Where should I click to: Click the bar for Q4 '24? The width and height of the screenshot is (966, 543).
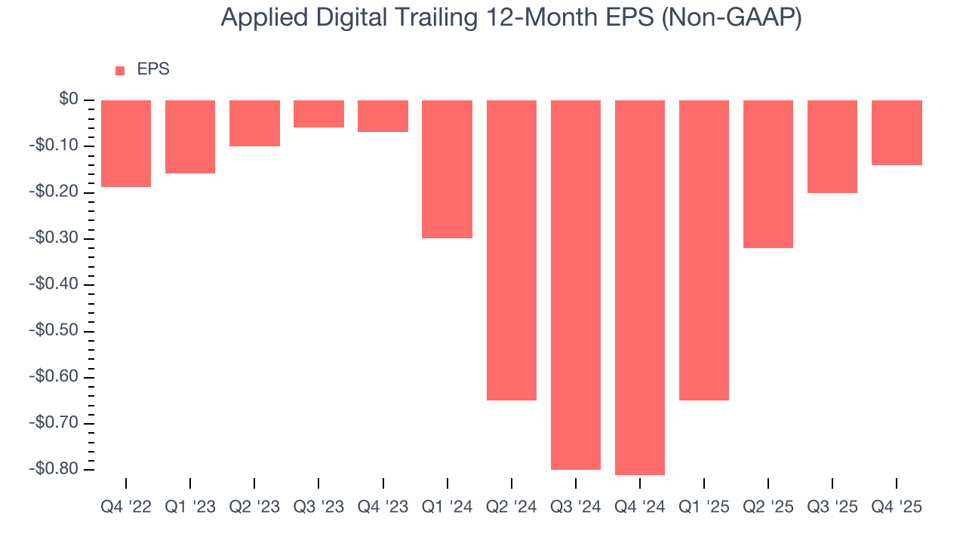pos(640,287)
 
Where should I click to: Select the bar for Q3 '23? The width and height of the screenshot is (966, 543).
pos(318,114)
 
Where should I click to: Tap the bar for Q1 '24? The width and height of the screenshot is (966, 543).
pos(447,169)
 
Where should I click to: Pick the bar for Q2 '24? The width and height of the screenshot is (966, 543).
pos(512,250)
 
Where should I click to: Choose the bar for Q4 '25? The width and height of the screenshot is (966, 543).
pos(897,133)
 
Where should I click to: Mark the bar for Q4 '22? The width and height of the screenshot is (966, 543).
pos(126,143)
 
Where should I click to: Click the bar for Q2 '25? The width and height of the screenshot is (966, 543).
pos(768,174)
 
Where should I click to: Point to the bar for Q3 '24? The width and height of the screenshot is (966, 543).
pos(576,284)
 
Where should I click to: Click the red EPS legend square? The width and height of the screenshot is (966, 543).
pos(120,71)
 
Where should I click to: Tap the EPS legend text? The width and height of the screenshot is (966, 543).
pos(153,69)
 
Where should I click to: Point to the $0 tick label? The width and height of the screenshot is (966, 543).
pos(69,100)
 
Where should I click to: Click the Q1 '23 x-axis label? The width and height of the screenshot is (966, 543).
pos(190,508)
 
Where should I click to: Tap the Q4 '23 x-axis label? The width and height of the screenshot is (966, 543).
pos(383,508)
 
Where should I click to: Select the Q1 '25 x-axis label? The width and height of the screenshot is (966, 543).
pos(704,508)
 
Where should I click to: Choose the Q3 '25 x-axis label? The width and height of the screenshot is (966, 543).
pos(832,508)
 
